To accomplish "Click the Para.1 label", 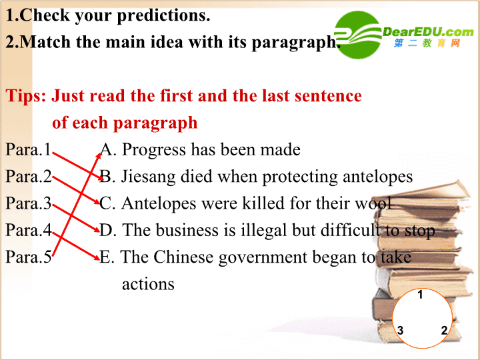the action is tap(29, 150).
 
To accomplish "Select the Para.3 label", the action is tap(29, 203).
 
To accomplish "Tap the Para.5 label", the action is tap(29, 257).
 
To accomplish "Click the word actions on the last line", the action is tap(148, 285).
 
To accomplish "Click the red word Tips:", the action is tap(26, 96).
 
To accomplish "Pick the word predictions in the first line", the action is tap(163, 15).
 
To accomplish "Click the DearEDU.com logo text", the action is tap(428, 32).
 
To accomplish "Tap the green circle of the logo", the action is tap(357, 35).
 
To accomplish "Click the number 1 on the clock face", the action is tap(420, 295).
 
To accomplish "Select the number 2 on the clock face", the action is tap(444, 331).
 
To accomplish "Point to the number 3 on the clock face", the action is tap(400, 331).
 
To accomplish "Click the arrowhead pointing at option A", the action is tap(99, 155).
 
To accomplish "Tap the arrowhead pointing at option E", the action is tap(97, 258).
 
